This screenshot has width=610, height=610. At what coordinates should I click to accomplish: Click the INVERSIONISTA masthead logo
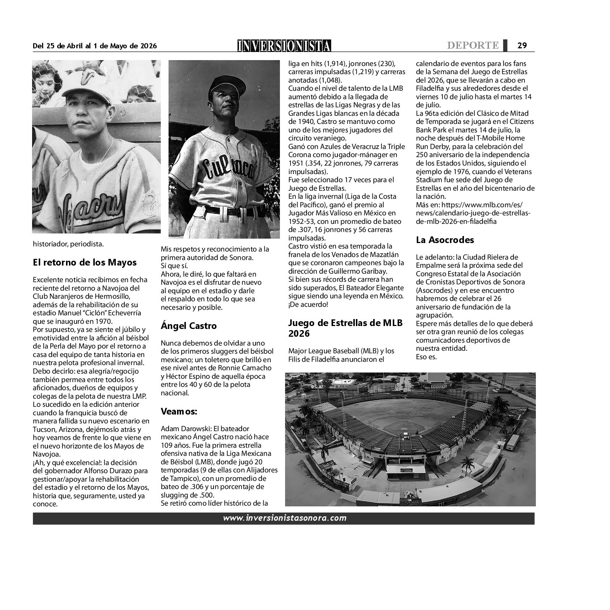(x=284, y=45)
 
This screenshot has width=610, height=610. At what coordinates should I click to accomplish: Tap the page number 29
(x=522, y=45)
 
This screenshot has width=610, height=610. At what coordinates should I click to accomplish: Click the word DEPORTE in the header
(x=473, y=45)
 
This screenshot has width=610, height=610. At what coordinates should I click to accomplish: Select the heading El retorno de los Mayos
(x=84, y=263)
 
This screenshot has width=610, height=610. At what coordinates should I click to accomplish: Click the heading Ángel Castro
(x=188, y=326)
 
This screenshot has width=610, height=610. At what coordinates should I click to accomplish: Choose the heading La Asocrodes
(x=445, y=240)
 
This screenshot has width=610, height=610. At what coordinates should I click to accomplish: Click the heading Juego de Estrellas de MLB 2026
(x=345, y=328)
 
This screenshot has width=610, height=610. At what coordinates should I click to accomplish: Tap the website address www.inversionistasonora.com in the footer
(x=284, y=518)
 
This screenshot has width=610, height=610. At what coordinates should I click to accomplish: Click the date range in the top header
(x=95, y=46)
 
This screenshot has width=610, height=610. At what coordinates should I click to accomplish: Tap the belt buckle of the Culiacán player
(x=229, y=211)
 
